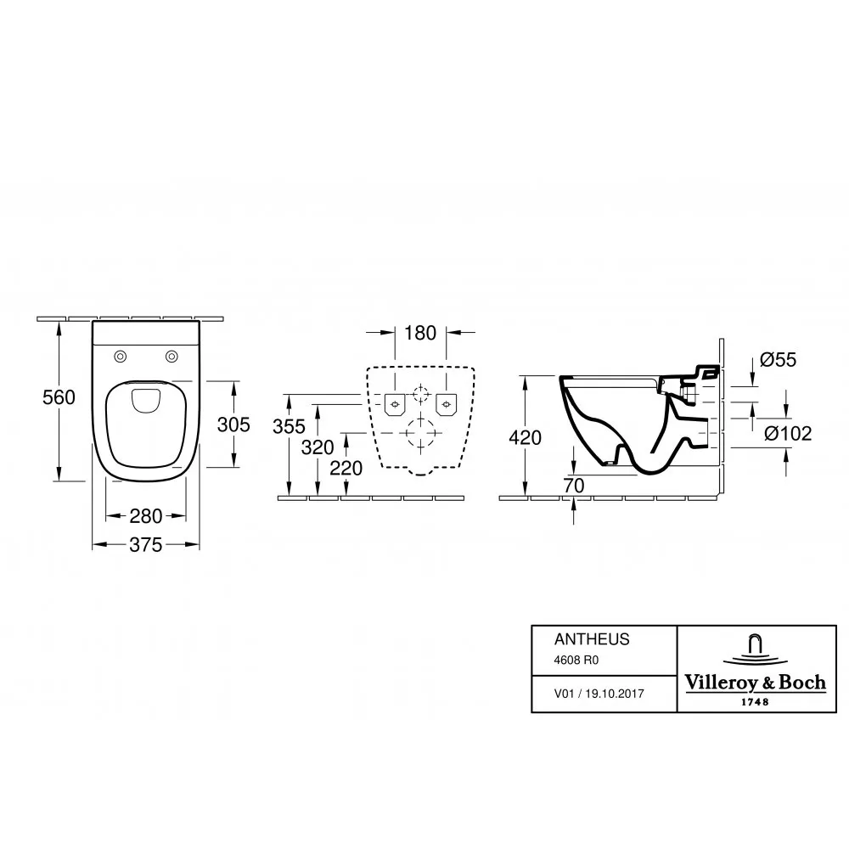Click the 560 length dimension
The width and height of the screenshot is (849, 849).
(x=59, y=397)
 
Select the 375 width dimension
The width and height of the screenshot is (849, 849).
(x=146, y=545)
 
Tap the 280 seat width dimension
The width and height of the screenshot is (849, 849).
(x=146, y=516)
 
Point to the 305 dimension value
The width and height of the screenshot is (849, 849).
(x=233, y=424)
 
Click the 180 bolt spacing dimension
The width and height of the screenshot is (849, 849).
(x=420, y=333)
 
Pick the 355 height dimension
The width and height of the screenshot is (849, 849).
(x=290, y=427)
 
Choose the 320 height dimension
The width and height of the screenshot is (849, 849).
(x=318, y=447)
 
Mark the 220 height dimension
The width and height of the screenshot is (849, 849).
(x=346, y=469)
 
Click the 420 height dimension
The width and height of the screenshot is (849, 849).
(x=526, y=437)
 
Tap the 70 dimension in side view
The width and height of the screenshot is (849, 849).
(x=573, y=486)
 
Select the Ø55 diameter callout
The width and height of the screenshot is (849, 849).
(x=778, y=359)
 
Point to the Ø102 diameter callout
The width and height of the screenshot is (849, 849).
(x=788, y=433)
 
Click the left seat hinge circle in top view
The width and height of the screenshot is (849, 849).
(x=121, y=357)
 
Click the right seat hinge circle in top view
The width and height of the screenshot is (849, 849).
(x=171, y=357)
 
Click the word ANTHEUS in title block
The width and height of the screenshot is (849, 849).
(x=592, y=639)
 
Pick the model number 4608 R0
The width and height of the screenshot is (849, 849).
(x=576, y=660)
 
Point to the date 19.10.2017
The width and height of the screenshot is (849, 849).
(x=615, y=694)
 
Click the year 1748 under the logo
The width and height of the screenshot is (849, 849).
(x=755, y=702)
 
